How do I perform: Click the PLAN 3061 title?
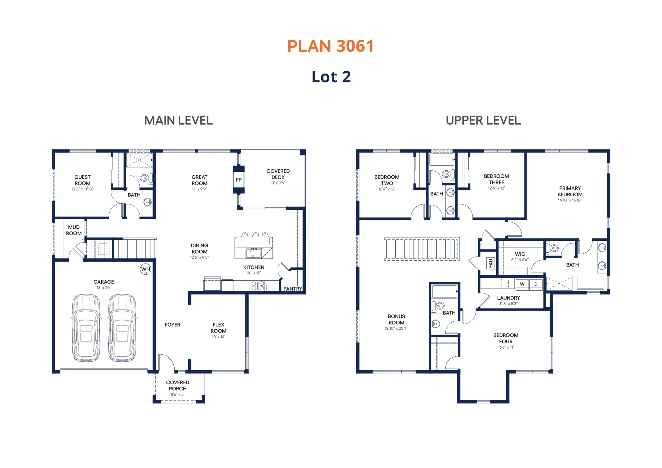click(x=330, y=46)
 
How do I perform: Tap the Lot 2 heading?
click(x=331, y=77)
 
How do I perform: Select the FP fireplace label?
click(x=239, y=180)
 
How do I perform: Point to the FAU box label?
click(x=491, y=263)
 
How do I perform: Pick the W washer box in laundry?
click(x=522, y=284)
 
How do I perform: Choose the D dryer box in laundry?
click(x=536, y=284)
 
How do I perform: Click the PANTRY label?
click(x=293, y=289)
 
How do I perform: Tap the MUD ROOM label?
click(x=74, y=230)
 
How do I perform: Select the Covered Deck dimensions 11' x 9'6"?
click(x=278, y=183)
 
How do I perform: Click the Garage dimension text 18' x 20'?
click(x=103, y=288)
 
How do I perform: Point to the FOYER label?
click(x=172, y=325)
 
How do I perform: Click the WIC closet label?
click(x=520, y=254)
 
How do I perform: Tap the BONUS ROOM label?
click(x=396, y=320)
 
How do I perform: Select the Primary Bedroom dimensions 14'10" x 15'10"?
click(x=570, y=200)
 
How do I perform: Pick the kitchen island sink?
click(x=253, y=253)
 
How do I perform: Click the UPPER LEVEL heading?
click(x=483, y=120)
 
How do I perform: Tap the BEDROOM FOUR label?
click(x=506, y=338)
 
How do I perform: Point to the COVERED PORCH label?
click(x=178, y=386)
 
